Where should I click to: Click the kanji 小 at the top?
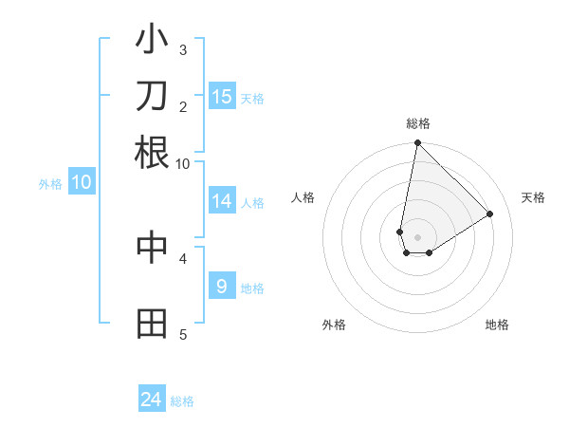(152, 42)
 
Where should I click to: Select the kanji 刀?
(152, 96)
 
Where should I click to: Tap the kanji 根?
(152, 152)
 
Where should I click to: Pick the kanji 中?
(152, 247)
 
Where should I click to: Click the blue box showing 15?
(222, 97)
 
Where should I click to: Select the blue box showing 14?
(222, 201)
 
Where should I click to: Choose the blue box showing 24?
(152, 400)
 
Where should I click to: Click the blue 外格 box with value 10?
(82, 182)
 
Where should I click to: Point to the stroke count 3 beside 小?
(183, 49)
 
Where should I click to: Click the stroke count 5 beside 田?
(183, 334)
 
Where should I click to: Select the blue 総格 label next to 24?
(183, 401)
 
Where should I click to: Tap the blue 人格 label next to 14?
(252, 202)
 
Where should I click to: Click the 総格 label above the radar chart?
(418, 123)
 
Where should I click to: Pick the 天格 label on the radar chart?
(534, 197)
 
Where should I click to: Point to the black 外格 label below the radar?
(334, 325)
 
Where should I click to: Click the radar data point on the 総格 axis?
(417, 144)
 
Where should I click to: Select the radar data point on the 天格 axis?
(490, 214)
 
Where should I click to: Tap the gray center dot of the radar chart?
(417, 237)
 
